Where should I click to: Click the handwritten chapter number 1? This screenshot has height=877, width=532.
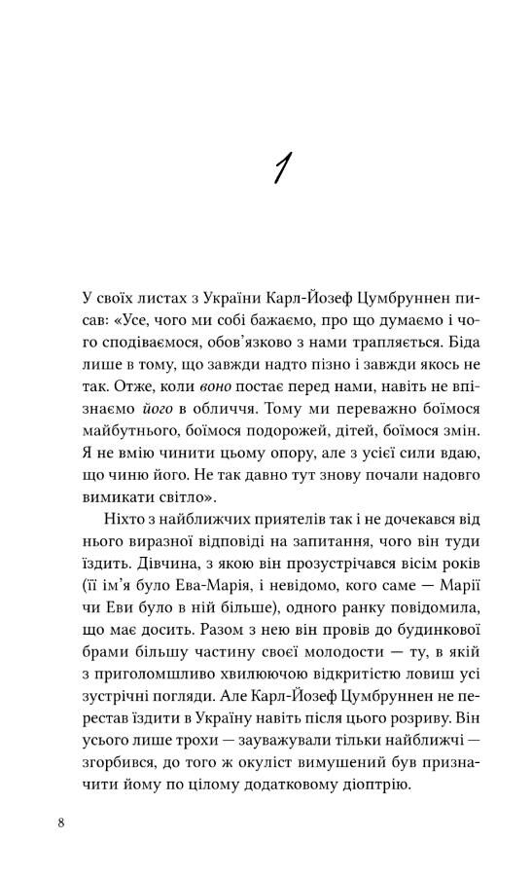click(x=280, y=168)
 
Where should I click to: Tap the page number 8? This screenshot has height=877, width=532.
click(x=61, y=822)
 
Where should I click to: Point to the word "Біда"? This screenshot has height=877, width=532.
click(x=453, y=343)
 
